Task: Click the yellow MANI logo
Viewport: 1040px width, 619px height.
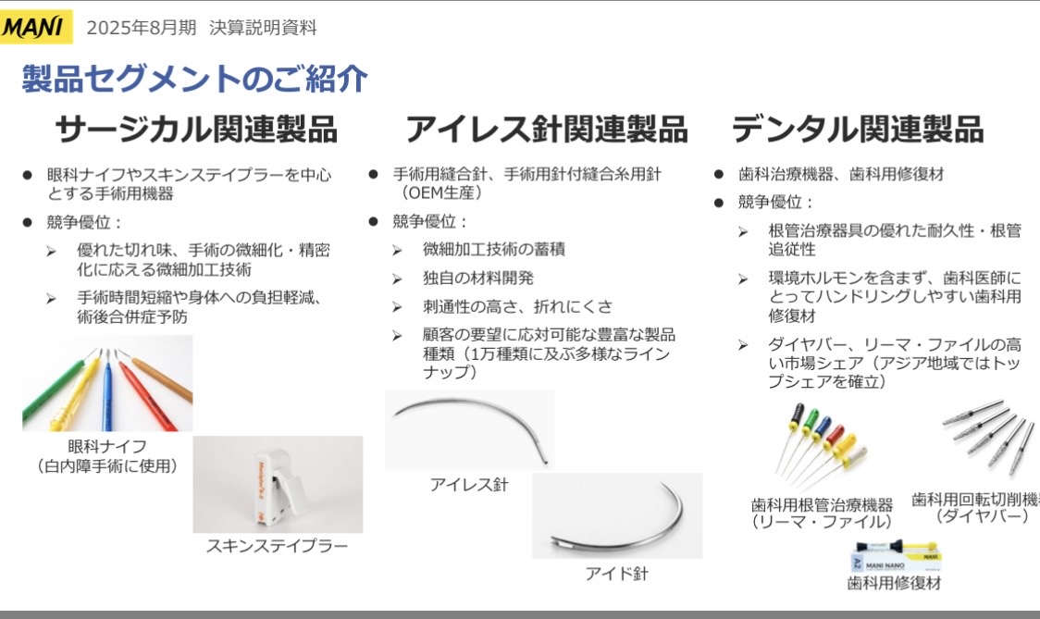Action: tap(36, 27)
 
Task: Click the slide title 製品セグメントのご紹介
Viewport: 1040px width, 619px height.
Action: tap(194, 79)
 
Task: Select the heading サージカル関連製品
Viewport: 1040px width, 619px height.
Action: tap(196, 130)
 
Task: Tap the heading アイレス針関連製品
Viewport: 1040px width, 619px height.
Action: tap(547, 130)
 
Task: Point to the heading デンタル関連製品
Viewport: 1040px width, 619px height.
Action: tap(858, 130)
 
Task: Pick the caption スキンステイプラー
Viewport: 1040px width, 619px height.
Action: tap(278, 546)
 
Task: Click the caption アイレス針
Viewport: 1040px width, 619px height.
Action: tap(469, 485)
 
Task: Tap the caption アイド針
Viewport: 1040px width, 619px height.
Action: tap(617, 574)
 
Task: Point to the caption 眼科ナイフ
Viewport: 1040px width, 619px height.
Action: tap(106, 447)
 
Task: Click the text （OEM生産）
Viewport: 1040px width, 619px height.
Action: tap(442, 193)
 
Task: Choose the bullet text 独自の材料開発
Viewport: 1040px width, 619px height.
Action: tap(478, 278)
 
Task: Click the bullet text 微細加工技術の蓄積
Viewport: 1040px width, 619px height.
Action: tap(494, 250)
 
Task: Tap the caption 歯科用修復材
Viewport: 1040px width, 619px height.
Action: tap(894, 583)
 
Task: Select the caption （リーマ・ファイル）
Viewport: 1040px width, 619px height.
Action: tap(822, 522)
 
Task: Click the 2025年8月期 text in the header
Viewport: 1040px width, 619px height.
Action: tap(142, 28)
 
